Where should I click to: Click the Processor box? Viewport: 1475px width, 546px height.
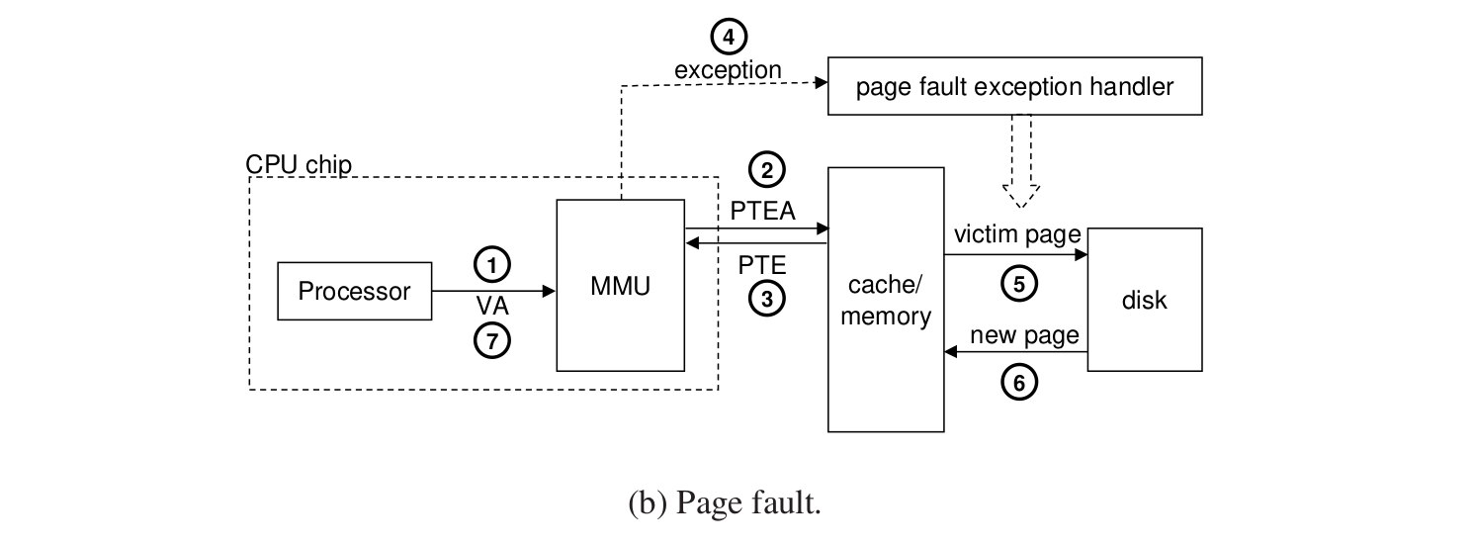(355, 291)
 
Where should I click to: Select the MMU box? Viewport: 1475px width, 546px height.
(621, 285)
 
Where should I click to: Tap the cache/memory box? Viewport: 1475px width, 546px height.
(885, 300)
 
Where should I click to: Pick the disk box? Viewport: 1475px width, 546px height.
(1144, 300)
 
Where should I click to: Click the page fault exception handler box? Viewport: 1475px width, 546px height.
(1014, 87)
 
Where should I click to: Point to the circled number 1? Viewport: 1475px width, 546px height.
(492, 263)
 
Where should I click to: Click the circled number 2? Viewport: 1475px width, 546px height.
(767, 170)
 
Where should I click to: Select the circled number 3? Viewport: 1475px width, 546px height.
(767, 298)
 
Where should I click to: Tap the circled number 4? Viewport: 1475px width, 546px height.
(729, 38)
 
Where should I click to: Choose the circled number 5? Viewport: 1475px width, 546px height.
(1019, 284)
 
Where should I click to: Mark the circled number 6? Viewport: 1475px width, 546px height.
(1019, 382)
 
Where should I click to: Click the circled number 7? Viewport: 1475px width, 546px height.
(492, 340)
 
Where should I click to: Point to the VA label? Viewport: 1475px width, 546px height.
(492, 303)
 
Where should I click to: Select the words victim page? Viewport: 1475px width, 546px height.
(1017, 236)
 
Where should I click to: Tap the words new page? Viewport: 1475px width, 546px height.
(1024, 335)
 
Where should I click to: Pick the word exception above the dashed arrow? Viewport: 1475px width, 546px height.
(728, 70)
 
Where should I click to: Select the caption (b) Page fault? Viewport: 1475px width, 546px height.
(725, 504)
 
